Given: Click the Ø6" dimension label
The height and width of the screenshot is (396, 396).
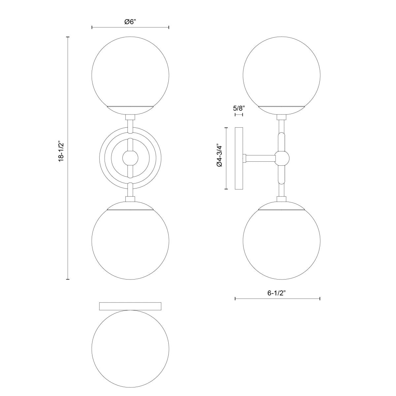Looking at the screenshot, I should [130, 22].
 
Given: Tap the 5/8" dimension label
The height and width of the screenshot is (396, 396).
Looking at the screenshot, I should [239, 108].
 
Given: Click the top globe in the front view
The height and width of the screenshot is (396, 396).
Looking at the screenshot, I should [130, 73].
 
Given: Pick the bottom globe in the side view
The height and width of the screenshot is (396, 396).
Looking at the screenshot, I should [281, 246].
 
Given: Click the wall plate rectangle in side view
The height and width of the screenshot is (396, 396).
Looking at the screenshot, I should [239, 158].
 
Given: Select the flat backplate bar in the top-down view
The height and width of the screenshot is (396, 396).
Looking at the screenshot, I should [130, 306].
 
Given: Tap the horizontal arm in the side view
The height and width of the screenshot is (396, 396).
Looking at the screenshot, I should [261, 159].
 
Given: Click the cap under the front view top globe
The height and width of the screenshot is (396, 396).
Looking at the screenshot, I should [130, 110].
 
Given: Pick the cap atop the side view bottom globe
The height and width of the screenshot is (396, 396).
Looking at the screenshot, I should [281, 205].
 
